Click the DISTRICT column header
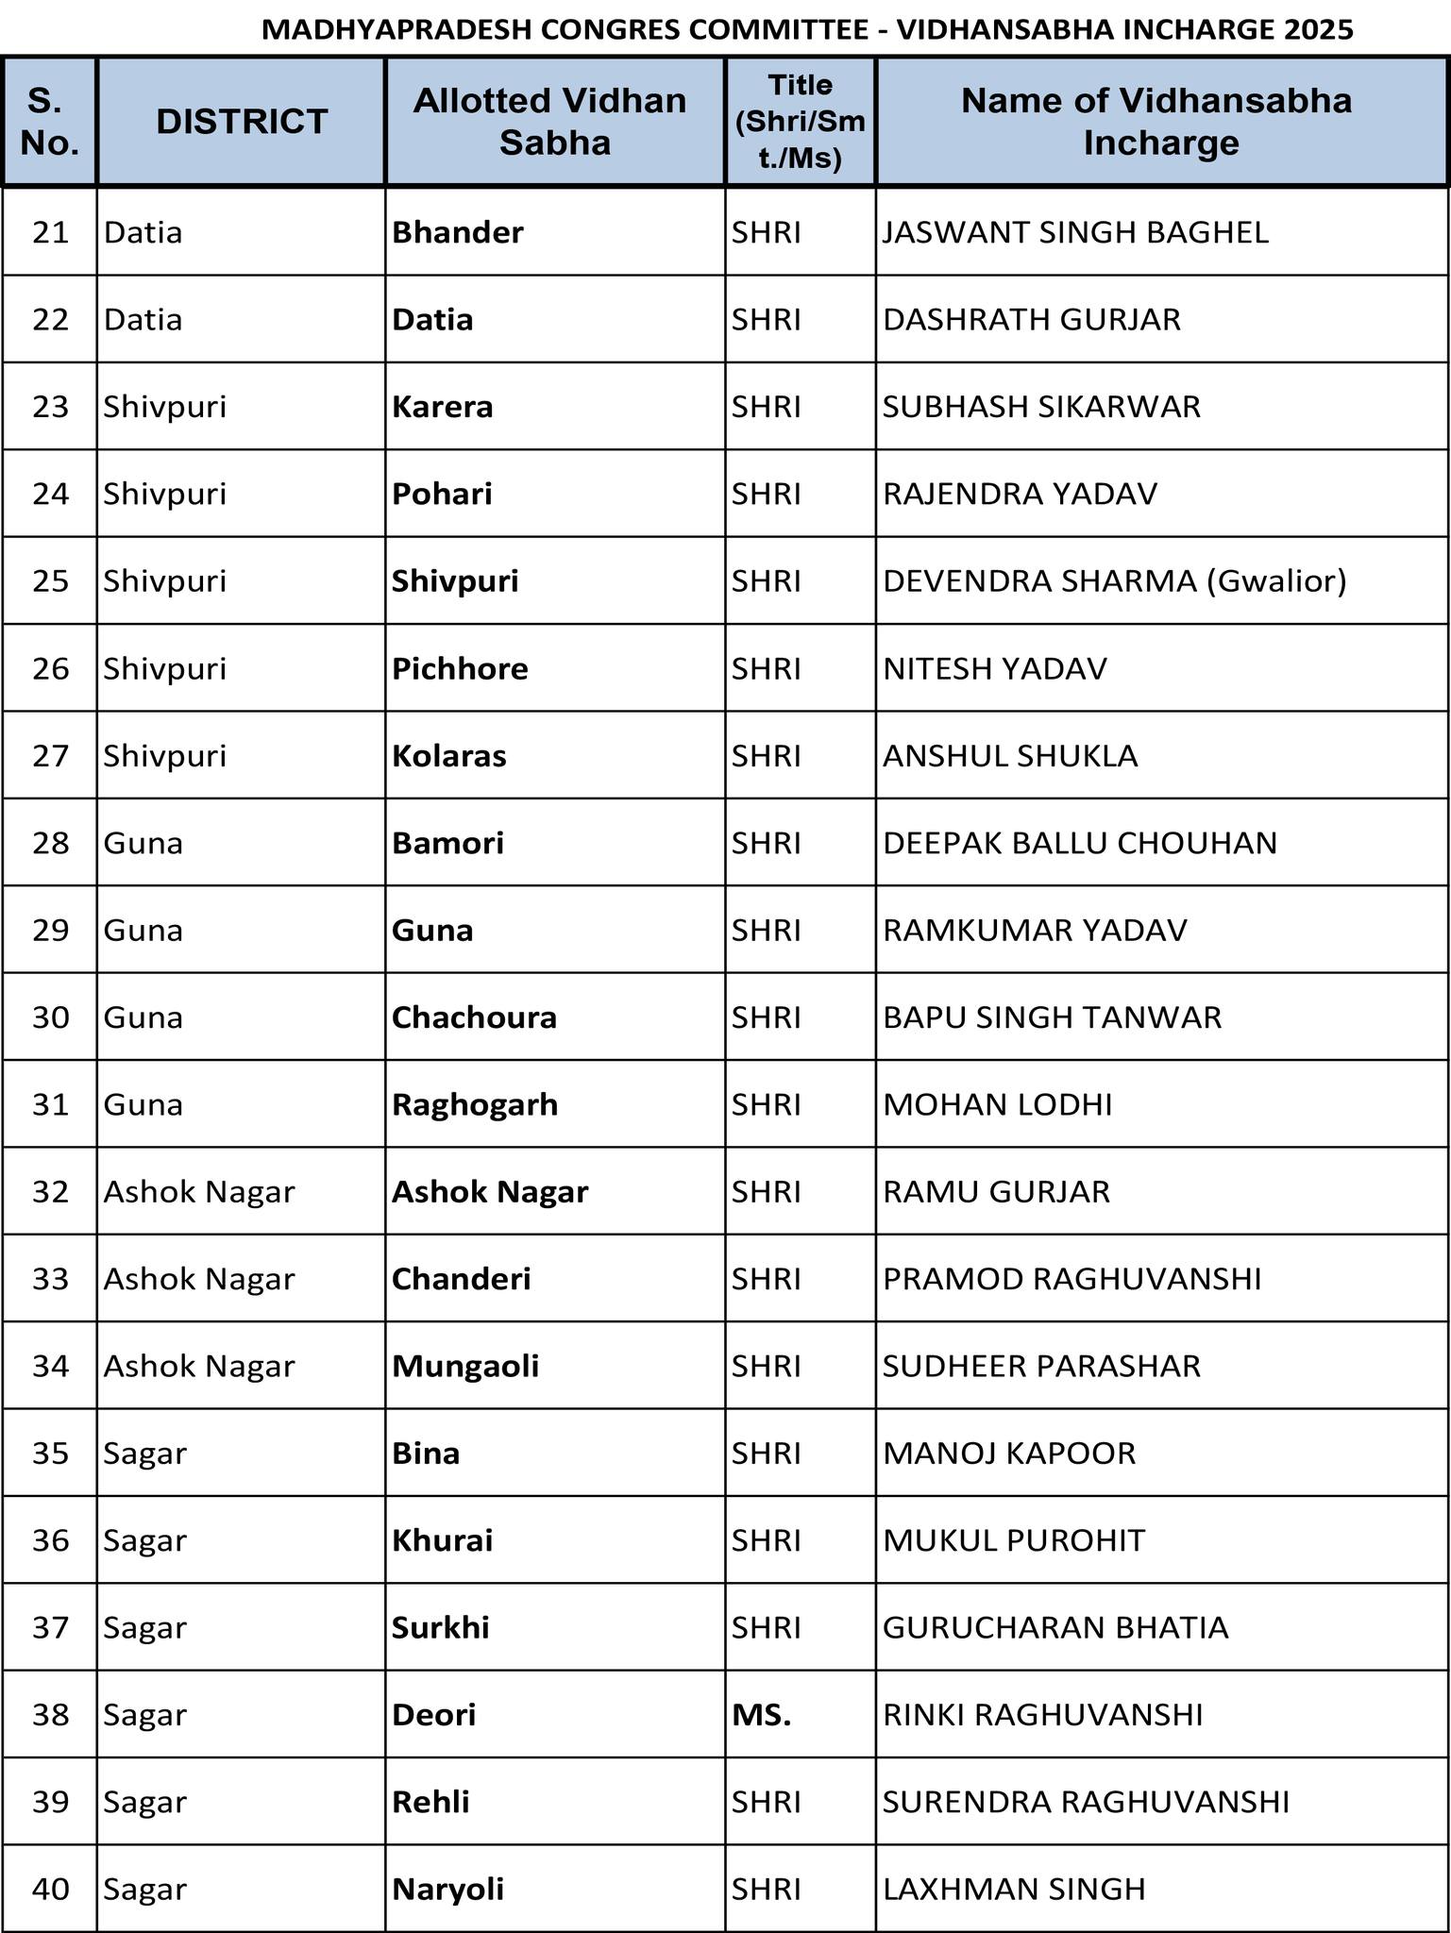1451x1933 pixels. coord(242,122)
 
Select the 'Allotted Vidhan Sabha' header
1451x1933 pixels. coord(554,122)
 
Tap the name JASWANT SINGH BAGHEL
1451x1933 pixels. coord(1075,232)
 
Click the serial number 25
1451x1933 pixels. coord(51,580)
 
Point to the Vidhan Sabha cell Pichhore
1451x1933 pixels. coord(460,668)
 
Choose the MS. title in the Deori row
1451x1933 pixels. coord(762,1714)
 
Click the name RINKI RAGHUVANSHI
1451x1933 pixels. coord(1042,1714)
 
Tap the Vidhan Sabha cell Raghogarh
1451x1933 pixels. coord(475,1104)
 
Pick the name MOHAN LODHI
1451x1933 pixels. coord(997,1104)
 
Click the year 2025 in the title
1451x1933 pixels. coord(1318,30)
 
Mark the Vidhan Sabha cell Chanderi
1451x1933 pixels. coord(461,1279)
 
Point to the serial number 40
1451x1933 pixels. coord(51,1889)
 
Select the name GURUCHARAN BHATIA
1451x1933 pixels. coord(1055,1627)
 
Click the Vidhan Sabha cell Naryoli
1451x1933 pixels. coord(447,1889)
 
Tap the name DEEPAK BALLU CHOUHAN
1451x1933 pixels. coord(1079,843)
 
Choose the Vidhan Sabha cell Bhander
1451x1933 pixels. coord(457,232)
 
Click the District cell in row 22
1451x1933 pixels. coord(143,319)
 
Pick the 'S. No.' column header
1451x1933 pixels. coord(50,122)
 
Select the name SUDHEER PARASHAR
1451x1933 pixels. coord(1041,1366)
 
